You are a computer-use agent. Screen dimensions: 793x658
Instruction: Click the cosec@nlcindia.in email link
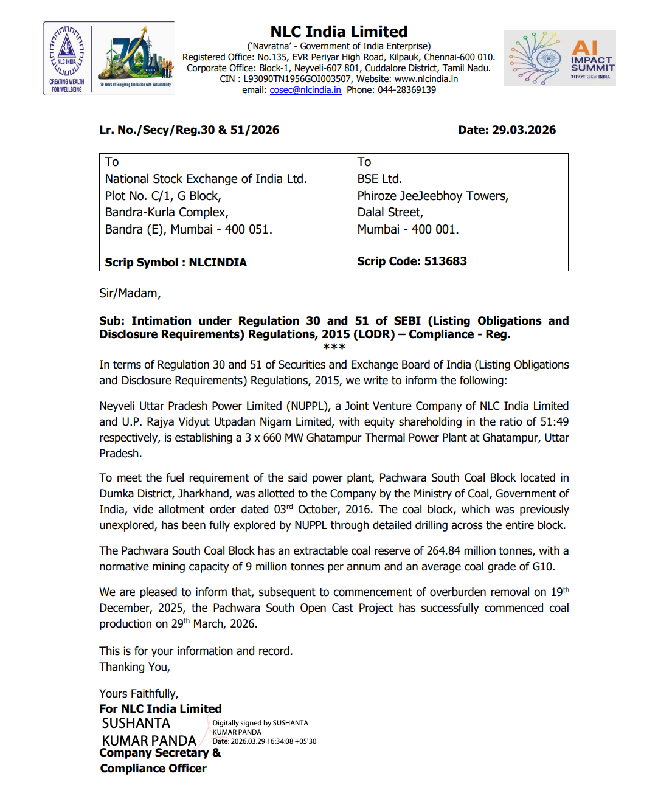coord(305,90)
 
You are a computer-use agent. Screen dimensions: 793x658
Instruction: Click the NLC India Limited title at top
coord(339,32)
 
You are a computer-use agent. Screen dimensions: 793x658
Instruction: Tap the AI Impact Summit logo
coord(559,58)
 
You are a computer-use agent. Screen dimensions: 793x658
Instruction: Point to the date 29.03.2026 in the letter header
coord(524,130)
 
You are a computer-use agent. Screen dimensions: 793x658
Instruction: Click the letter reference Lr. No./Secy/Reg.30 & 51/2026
coord(189,130)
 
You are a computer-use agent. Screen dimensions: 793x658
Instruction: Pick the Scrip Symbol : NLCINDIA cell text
coord(176,262)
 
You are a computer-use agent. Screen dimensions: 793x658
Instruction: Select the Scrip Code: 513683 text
coord(412,261)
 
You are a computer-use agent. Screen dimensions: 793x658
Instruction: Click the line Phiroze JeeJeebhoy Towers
coord(432,196)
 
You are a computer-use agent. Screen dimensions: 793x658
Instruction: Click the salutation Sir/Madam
coord(130,293)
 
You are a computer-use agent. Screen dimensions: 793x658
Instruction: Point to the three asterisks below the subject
coord(334,347)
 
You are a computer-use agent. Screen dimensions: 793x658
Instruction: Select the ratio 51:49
coord(554,422)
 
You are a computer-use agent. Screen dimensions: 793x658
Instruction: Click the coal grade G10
coord(543,567)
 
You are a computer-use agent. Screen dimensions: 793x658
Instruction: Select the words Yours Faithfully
coord(139,694)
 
